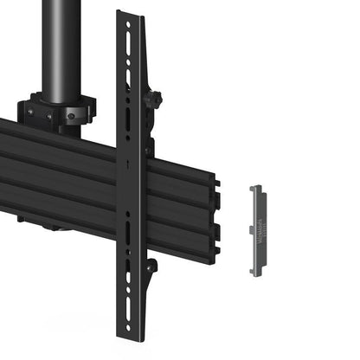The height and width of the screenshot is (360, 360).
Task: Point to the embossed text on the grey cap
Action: pyautogui.click(x=257, y=232)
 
